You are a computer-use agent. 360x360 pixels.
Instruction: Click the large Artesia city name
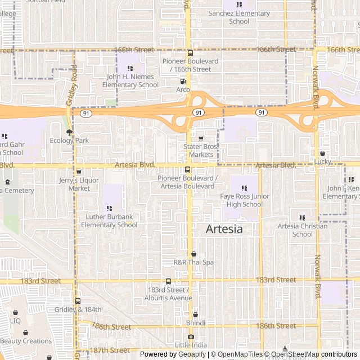224,229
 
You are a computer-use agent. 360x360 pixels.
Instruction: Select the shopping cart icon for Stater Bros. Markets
201,138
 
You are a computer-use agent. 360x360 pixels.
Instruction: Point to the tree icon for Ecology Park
69,133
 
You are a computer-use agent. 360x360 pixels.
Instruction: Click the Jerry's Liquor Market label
79,184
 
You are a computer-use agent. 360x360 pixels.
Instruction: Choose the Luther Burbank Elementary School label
109,220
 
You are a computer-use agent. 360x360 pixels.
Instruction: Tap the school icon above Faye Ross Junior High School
244,188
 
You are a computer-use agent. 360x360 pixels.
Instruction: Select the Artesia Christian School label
303,230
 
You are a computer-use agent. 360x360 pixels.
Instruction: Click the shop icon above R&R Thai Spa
193,254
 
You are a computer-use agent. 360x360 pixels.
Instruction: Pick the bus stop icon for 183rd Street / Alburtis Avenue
168,281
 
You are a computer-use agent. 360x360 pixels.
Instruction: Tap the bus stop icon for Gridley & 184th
78,301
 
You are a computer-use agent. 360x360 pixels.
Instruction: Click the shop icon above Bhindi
195,315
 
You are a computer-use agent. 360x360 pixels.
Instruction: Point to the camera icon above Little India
191,337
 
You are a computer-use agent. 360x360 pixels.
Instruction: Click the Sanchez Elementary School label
239,17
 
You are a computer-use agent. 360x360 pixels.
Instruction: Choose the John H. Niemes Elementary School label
130,80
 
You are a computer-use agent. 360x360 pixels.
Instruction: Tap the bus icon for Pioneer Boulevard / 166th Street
190,53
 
